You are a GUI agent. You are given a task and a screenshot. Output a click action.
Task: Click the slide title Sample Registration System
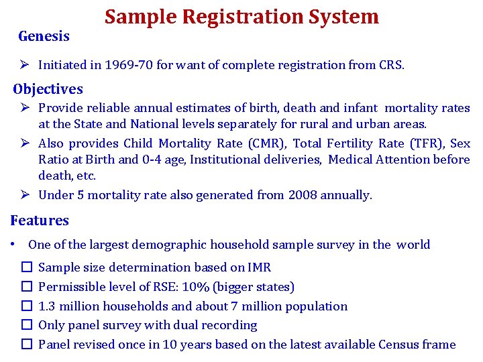point(241,17)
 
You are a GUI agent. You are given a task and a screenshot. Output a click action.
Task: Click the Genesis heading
point(44,36)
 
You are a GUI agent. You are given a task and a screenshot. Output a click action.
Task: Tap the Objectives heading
point(48,89)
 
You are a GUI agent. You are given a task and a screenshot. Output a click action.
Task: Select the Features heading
point(40,221)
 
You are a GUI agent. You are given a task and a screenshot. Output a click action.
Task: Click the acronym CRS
point(390,66)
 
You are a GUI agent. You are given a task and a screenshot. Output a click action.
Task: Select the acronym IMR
point(258,267)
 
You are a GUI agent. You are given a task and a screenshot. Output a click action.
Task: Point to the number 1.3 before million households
point(47,306)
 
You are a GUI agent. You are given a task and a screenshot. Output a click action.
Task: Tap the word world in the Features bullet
point(413,245)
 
